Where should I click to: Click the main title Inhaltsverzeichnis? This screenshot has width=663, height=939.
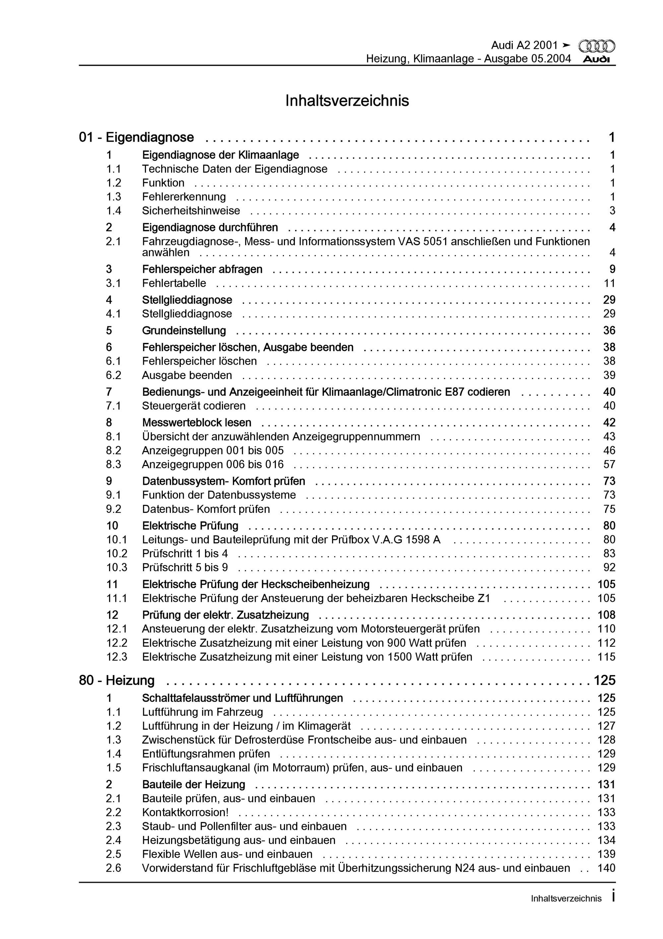click(x=347, y=101)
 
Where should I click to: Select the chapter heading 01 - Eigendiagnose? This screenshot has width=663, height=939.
click(x=137, y=137)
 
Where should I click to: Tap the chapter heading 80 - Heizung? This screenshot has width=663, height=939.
click(x=117, y=680)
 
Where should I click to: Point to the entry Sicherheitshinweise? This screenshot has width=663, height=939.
click(x=191, y=211)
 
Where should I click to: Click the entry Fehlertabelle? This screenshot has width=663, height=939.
click(x=174, y=283)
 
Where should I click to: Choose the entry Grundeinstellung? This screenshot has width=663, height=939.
click(x=184, y=331)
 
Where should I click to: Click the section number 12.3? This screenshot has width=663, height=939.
click(x=117, y=657)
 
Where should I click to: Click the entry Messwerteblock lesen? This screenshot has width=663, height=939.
click(x=197, y=423)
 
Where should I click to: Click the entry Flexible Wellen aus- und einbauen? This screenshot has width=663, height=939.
click(x=227, y=854)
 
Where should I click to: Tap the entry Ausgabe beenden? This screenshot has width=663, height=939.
click(x=187, y=375)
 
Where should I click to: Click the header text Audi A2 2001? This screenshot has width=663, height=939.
click(x=524, y=45)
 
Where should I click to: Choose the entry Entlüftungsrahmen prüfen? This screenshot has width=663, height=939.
click(x=206, y=754)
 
